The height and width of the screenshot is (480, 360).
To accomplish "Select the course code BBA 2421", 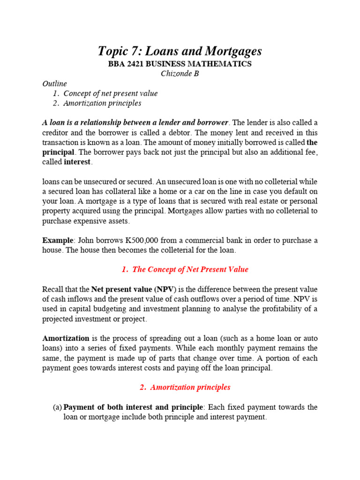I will point(127,64).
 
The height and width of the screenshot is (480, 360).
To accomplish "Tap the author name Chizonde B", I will point(180,74).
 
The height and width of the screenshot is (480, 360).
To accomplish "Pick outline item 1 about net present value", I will point(110,93).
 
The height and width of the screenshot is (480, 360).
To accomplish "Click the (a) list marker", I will point(57,407).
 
